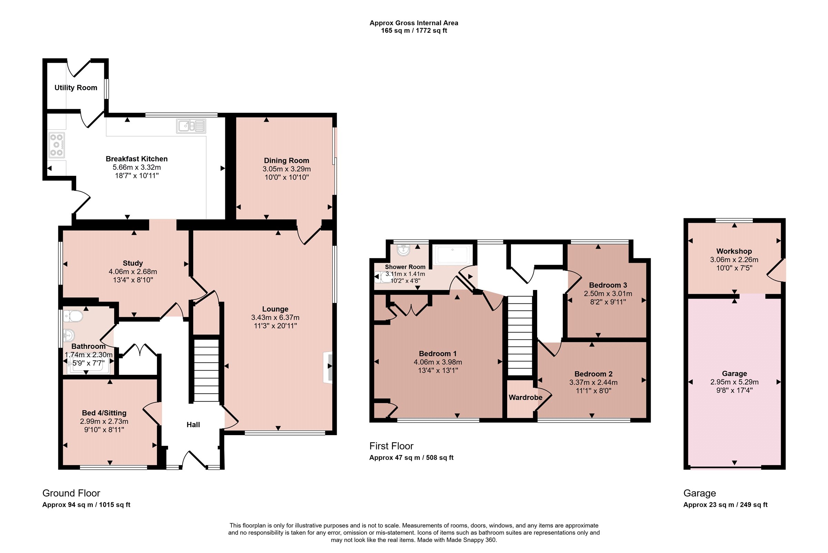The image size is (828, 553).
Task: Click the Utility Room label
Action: click(x=76, y=88)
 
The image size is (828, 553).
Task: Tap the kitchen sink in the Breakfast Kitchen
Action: click(x=191, y=126)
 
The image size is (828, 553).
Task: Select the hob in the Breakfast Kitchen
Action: click(x=57, y=145)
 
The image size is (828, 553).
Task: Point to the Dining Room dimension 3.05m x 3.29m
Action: click(x=286, y=169)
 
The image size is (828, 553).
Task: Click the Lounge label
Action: click(x=275, y=309)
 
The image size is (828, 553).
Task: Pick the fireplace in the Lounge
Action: click(x=328, y=366)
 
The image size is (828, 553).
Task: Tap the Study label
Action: click(x=133, y=263)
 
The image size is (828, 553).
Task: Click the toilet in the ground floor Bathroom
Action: click(x=73, y=316)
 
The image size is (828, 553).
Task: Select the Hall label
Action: click(x=193, y=425)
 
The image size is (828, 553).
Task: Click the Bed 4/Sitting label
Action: click(x=104, y=413)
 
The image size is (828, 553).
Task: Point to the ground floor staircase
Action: click(x=206, y=370)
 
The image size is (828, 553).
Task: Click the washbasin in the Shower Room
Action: click(x=403, y=250)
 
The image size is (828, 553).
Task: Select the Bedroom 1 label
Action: click(x=438, y=353)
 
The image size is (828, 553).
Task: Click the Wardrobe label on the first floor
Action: click(x=525, y=398)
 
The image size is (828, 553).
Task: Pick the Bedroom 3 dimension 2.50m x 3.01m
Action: click(x=608, y=293)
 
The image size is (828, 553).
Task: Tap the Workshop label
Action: click(x=734, y=251)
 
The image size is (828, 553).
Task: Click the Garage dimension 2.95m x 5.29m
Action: click(x=735, y=382)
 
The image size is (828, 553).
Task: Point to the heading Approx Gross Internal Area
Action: click(x=414, y=23)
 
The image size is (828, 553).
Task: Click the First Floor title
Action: click(x=391, y=446)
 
